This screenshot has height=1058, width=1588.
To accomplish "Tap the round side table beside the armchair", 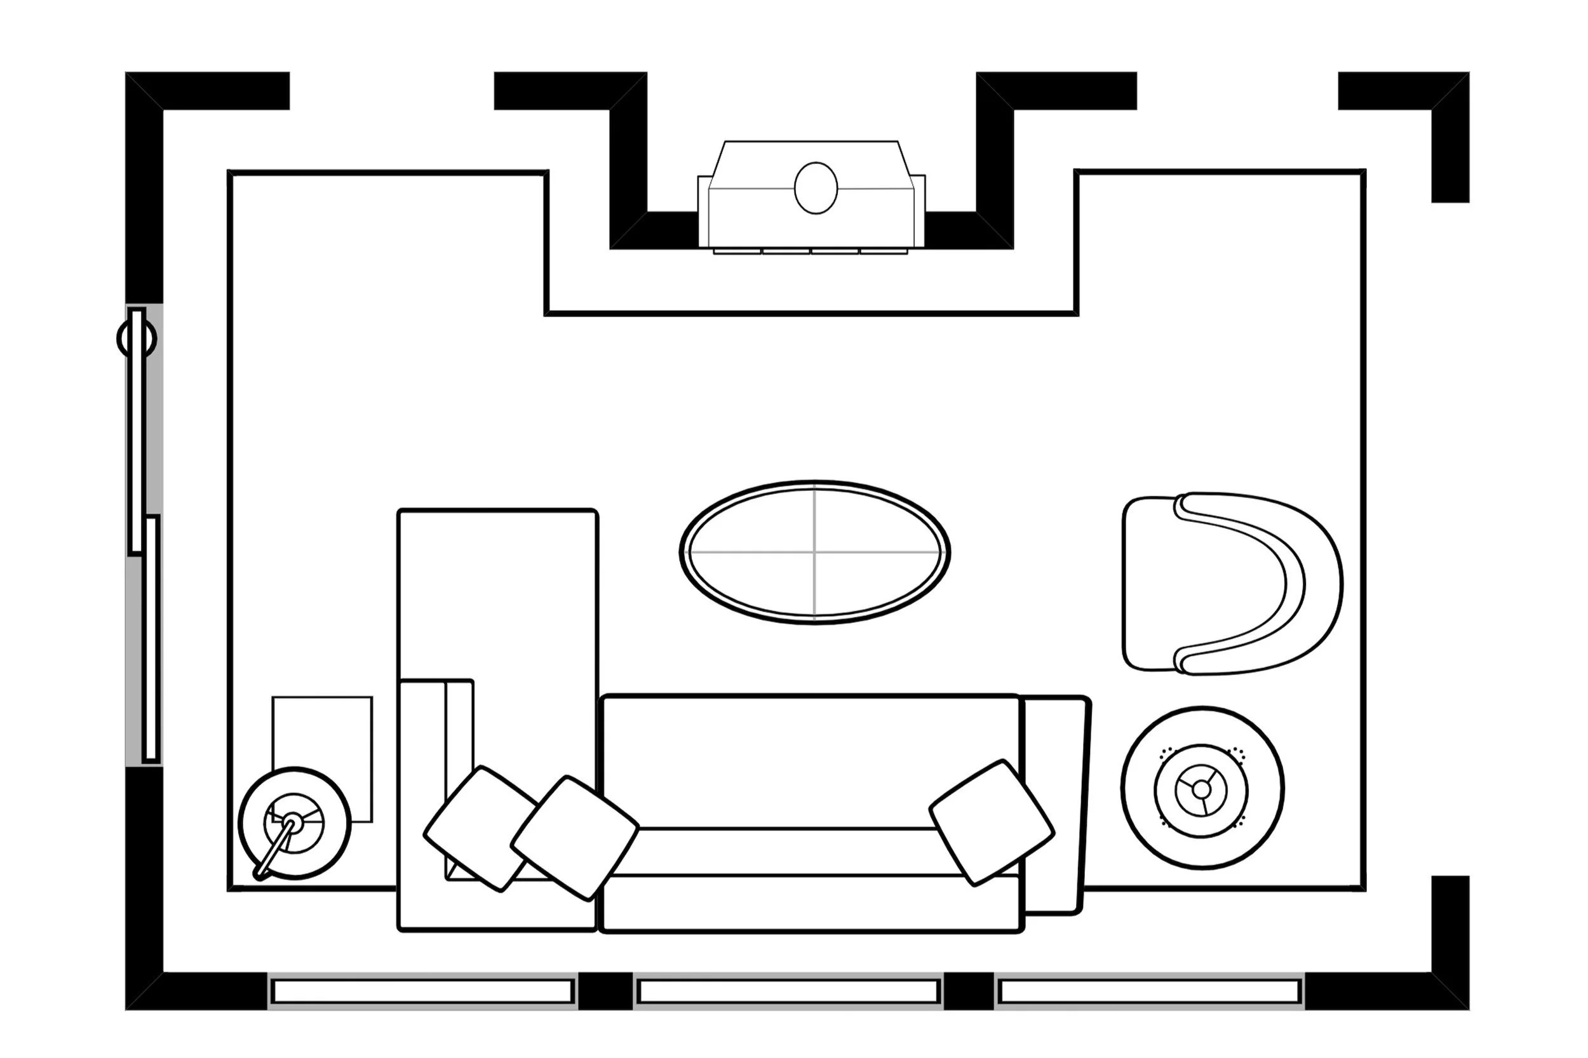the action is (1201, 787).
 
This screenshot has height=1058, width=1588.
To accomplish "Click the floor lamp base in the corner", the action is (294, 823).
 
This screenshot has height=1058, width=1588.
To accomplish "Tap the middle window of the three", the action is (788, 991).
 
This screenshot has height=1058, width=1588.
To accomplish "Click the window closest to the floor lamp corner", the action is (422, 991).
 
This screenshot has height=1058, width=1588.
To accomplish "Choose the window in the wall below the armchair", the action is (1149, 991).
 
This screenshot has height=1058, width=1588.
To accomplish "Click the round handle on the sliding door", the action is (137, 338).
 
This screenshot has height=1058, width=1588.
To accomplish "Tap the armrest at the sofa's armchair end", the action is (1053, 803).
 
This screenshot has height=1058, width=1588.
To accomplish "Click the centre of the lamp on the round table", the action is (1201, 788).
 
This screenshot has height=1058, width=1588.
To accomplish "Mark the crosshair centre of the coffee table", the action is (814, 551).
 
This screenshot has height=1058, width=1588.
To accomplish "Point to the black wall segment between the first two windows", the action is (605, 991).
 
